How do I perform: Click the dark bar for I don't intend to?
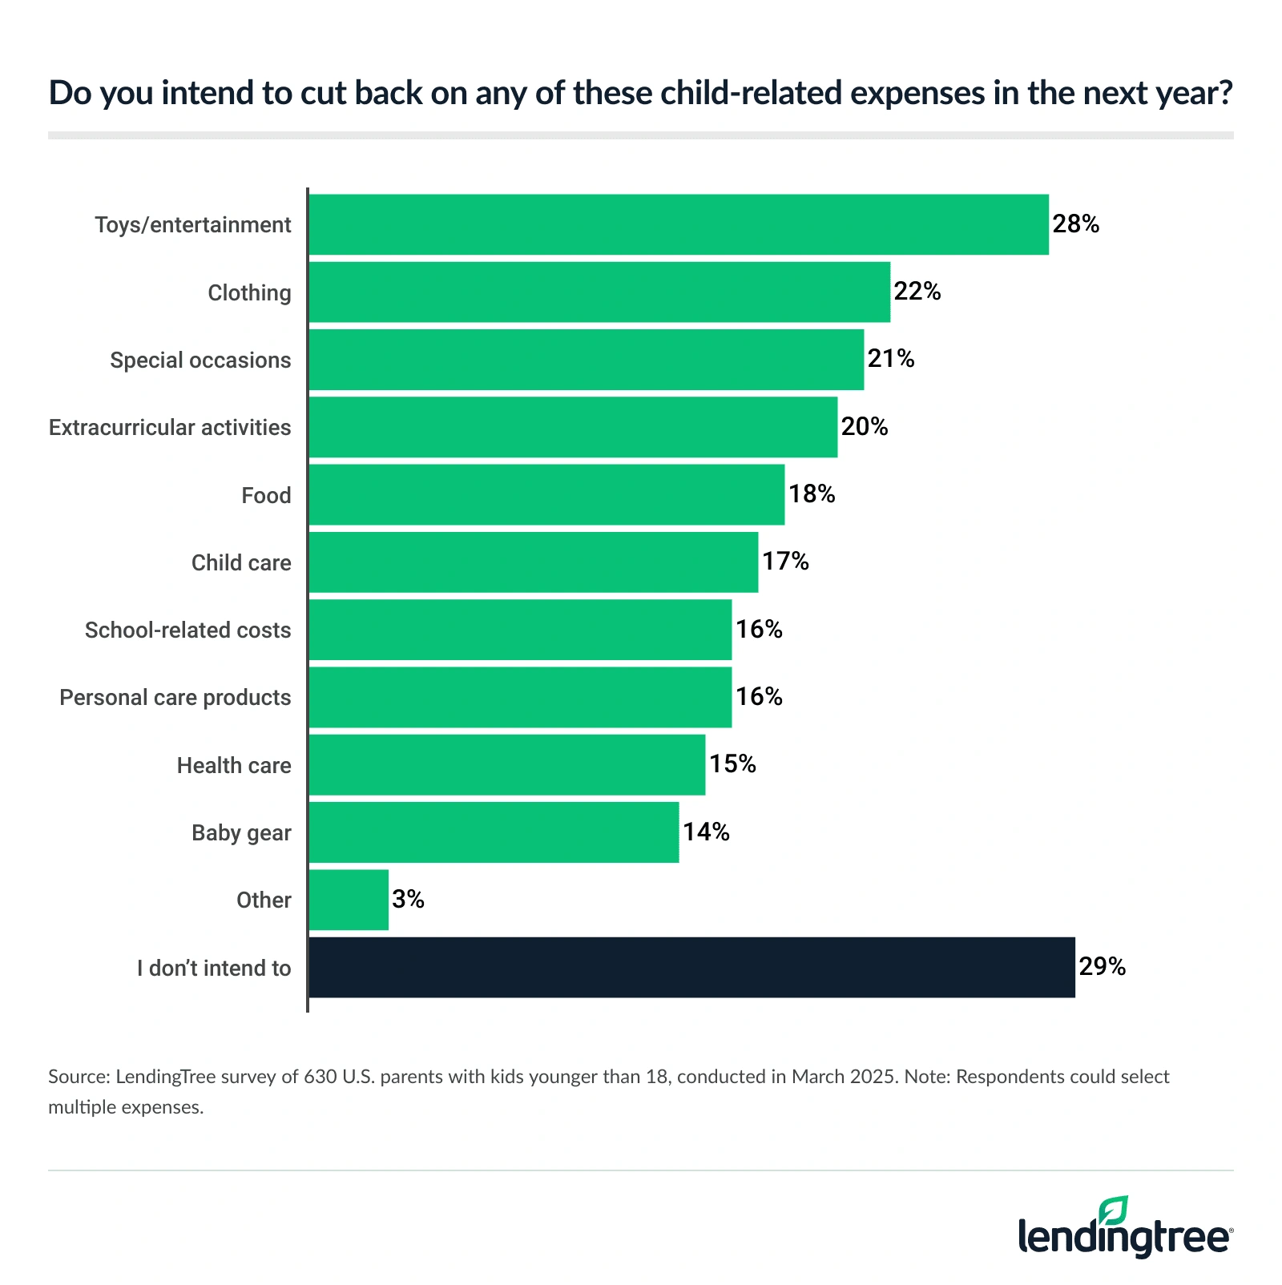691,967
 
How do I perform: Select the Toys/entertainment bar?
679,224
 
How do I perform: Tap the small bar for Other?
349,900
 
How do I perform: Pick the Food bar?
546,494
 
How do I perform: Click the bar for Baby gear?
494,832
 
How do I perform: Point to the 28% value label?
1075,224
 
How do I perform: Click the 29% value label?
1102,967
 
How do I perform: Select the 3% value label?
408,900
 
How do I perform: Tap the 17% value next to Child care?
785,562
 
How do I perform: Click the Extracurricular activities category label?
170,427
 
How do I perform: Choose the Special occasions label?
200,360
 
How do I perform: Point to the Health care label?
234,765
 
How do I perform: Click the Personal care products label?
175,697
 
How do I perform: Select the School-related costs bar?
520,630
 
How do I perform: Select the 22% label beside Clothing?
917,292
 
